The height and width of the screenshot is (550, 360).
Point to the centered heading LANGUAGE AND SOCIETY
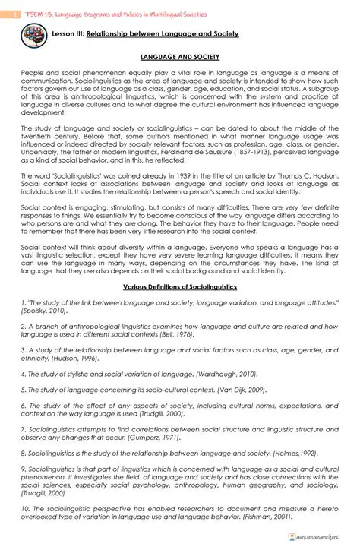click(x=180, y=58)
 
